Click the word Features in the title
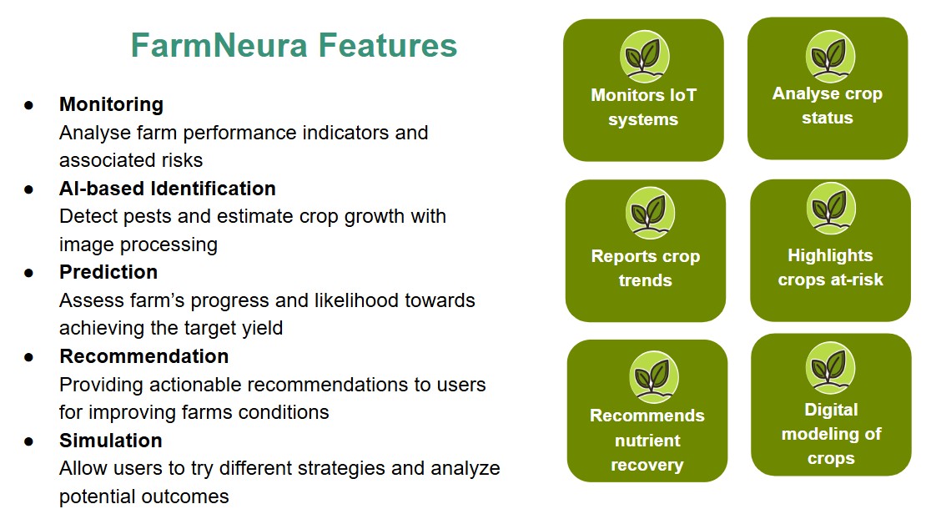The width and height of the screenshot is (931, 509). (388, 45)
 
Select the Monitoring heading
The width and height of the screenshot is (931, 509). (111, 104)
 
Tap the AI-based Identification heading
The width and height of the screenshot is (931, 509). (168, 189)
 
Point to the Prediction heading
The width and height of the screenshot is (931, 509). (108, 272)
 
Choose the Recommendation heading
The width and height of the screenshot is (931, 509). (144, 356)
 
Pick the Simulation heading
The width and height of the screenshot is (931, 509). (111, 441)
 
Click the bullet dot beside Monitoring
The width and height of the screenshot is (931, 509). (28, 106)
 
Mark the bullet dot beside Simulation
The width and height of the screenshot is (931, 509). (28, 442)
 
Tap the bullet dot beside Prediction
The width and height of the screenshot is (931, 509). (28, 273)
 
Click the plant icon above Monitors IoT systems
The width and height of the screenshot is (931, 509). (644, 57)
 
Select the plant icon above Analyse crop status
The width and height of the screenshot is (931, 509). (830, 57)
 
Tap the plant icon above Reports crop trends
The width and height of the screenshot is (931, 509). (650, 213)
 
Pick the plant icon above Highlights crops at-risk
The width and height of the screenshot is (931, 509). (831, 209)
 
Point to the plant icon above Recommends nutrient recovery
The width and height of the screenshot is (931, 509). (654, 377)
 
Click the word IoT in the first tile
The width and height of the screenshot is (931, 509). (682, 95)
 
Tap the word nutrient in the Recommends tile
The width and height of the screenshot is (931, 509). (647, 441)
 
